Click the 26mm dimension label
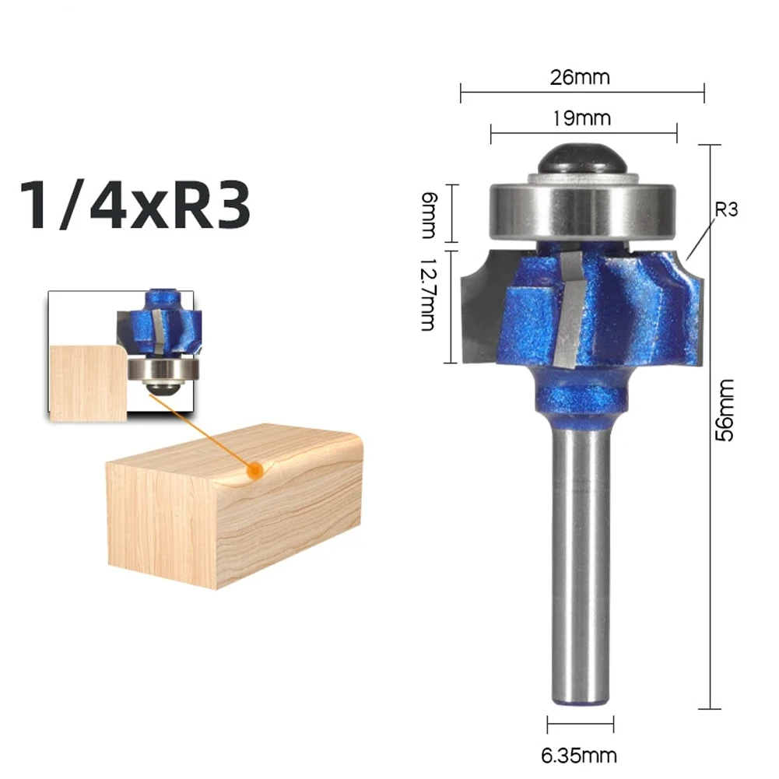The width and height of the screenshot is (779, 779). point(579,78)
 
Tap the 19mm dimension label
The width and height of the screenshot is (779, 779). point(582,118)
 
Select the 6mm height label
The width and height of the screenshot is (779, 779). point(428,215)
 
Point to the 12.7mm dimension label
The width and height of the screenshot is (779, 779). point(428,295)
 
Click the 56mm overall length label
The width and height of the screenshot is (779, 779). point(725,410)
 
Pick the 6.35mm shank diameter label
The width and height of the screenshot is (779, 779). point(579,756)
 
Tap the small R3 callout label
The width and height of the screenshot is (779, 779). point(726,209)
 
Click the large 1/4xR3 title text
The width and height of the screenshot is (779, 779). point(135,205)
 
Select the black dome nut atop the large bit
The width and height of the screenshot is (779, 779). point(581,159)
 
